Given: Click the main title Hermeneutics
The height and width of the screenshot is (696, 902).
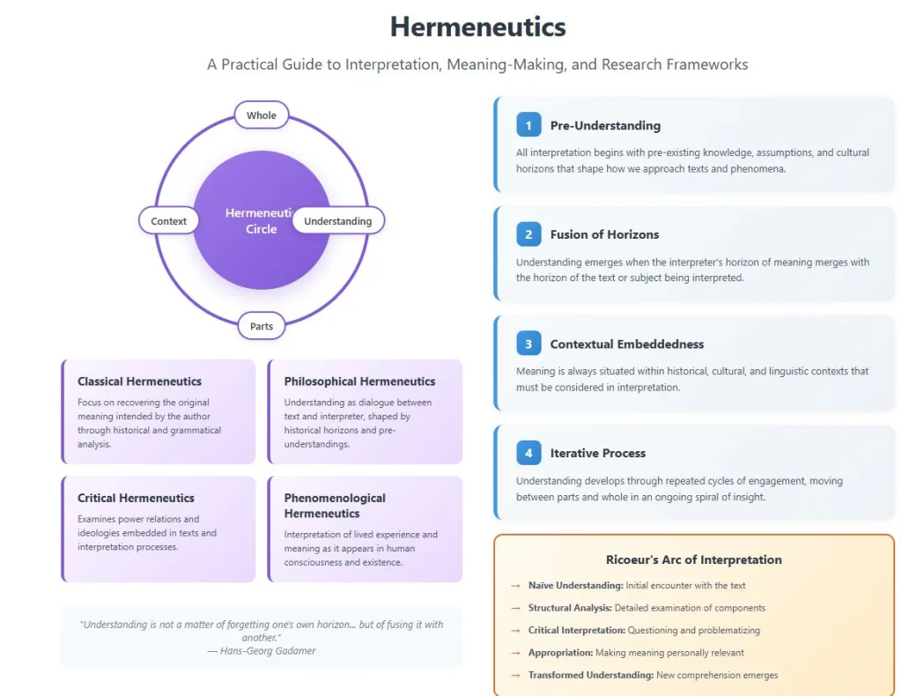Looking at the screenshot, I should click(477, 26).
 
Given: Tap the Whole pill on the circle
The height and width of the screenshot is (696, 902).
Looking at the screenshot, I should click(262, 115).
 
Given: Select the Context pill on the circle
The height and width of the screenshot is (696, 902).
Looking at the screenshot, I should click(169, 221).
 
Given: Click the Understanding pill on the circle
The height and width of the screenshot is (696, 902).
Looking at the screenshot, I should click(337, 221).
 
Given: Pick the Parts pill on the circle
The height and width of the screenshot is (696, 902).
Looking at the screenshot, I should click(262, 326).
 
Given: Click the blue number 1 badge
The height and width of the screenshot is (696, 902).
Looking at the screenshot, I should click(529, 125).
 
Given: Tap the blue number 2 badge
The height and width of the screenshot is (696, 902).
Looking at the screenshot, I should click(529, 234).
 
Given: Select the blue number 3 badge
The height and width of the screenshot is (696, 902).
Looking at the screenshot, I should click(529, 344).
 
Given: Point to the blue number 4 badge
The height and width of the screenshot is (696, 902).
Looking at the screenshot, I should click(529, 453).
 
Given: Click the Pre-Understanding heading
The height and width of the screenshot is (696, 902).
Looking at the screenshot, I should click(605, 125).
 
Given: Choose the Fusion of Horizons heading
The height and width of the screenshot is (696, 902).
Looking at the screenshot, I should click(604, 234).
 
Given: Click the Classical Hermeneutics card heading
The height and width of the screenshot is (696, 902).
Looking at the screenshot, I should click(139, 381).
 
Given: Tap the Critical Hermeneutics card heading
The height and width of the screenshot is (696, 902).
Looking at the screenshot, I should click(136, 498).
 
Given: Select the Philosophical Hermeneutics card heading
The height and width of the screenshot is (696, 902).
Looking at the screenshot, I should click(359, 381).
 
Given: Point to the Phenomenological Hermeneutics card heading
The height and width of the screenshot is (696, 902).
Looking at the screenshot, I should click(335, 506).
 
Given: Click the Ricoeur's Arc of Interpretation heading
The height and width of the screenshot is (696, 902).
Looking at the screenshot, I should click(693, 559).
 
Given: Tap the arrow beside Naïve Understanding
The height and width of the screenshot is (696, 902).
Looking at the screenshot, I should click(515, 586).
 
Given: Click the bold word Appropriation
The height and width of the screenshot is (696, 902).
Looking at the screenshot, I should click(560, 653).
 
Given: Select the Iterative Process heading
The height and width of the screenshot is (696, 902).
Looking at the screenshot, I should click(598, 453).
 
